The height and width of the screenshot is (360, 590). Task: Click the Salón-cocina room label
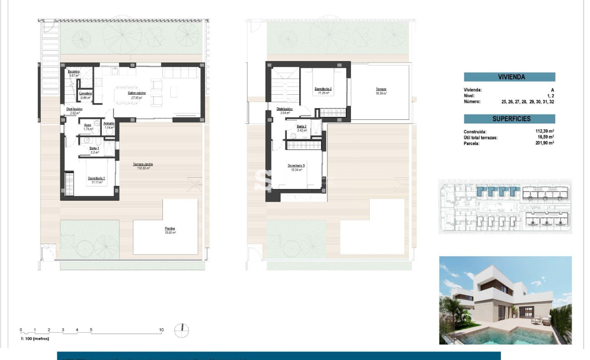click(136, 93)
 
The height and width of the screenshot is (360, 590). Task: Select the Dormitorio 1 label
click(95, 178)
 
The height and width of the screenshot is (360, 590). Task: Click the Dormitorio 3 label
click(296, 166)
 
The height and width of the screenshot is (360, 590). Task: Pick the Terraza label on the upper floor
click(381, 89)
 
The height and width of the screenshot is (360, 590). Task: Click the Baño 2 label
click(301, 127)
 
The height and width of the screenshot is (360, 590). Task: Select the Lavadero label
click(86, 93)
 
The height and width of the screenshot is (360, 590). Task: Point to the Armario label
click(109, 123)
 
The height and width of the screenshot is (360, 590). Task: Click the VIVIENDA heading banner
click(509, 77)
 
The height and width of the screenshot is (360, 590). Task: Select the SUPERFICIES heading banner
click(509, 119)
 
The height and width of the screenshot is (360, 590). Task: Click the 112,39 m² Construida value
click(542, 132)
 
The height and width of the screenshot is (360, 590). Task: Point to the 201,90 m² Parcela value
click(542, 143)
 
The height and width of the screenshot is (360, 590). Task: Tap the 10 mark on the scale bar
click(162, 330)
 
